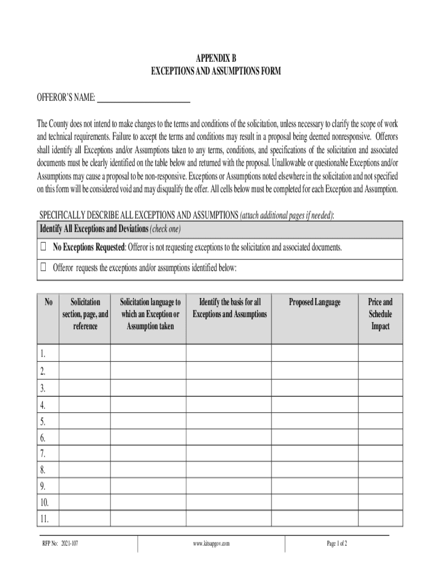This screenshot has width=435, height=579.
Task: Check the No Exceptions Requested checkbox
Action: pos(43,248)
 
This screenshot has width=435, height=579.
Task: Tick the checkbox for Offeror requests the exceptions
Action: pos(43,267)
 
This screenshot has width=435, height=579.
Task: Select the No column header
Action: pos(48,303)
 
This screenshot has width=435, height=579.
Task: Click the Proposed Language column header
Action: pos(315,303)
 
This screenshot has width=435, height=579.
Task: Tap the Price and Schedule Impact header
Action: pos(380,314)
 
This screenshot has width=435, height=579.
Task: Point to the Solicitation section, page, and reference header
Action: pos(85,314)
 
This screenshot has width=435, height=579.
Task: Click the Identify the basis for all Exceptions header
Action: pos(229,308)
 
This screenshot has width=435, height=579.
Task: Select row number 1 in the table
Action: pos(43,355)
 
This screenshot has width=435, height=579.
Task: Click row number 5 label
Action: pos(43,421)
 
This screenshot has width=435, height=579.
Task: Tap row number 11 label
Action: pos(45,518)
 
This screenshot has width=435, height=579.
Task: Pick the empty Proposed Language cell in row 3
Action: pos(315,388)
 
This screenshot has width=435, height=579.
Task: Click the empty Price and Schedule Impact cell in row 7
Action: pos(380,453)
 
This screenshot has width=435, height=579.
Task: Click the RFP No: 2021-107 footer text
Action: pos(60,544)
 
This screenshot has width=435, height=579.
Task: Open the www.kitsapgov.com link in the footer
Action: pos(211,544)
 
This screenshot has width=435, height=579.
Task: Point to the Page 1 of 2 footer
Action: pos(337,544)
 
